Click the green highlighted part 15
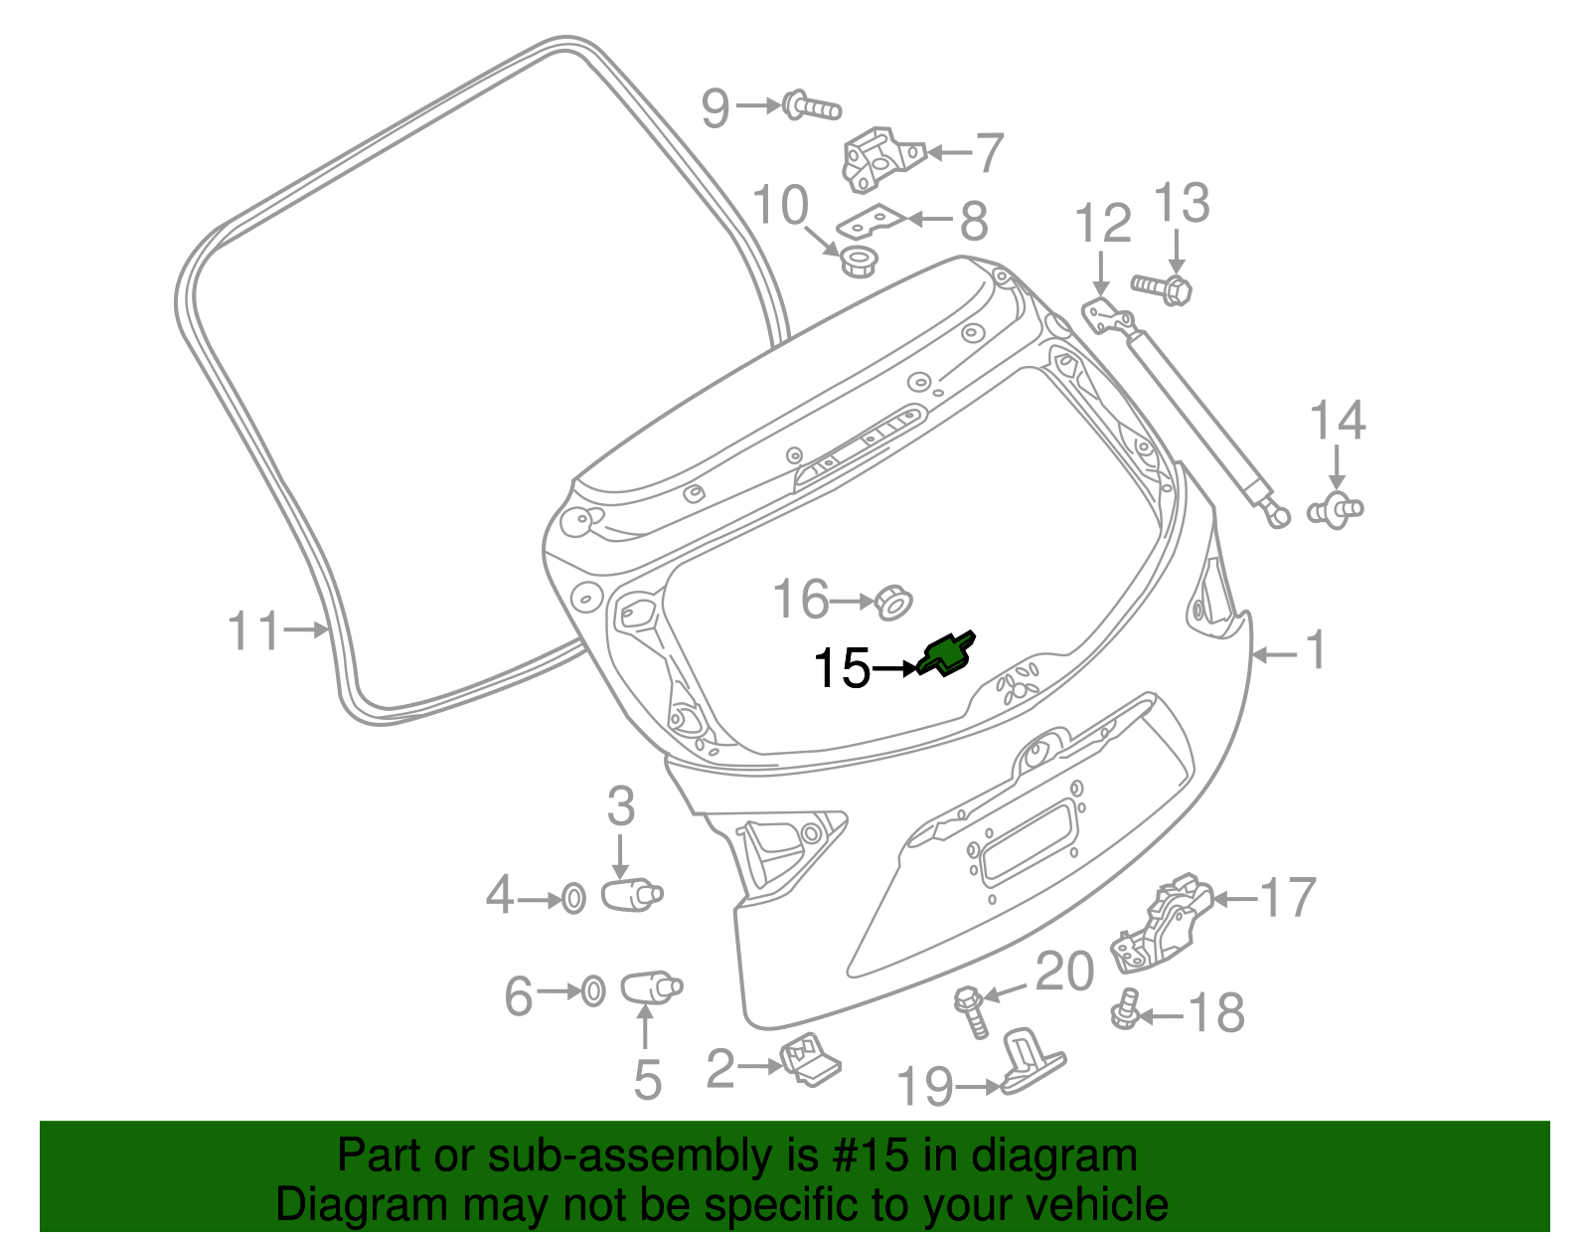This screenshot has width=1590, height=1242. (949, 653)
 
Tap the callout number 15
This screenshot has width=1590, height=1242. (841, 668)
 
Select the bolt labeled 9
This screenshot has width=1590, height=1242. (810, 105)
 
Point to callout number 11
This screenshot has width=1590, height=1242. (253, 630)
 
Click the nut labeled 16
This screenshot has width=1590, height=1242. (893, 601)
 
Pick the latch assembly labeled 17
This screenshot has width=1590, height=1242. (1160, 924)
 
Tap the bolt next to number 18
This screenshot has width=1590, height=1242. (1124, 1012)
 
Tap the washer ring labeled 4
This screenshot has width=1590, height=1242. (573, 899)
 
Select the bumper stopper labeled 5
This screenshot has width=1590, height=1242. (650, 988)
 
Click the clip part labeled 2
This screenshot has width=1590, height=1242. (812, 1061)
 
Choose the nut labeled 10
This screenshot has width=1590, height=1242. (859, 262)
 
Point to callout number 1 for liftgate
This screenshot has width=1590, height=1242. (1315, 651)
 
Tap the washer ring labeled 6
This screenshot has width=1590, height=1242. (592, 991)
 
